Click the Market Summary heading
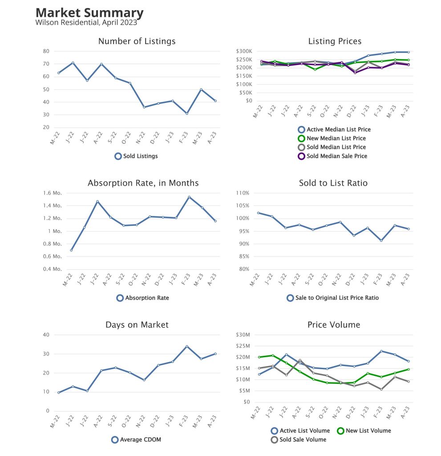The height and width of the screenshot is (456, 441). pyautogui.click(x=89, y=12)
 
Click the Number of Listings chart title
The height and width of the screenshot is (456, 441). pyautogui.click(x=137, y=41)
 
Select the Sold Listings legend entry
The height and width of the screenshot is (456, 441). pyautogui.click(x=136, y=156)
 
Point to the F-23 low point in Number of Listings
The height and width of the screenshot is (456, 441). pyautogui.click(x=187, y=114)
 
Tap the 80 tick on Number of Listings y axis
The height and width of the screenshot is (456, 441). pyautogui.click(x=45, y=51)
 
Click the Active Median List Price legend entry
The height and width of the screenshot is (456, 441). pyautogui.click(x=334, y=130)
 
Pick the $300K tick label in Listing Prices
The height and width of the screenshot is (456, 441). pyautogui.click(x=244, y=51)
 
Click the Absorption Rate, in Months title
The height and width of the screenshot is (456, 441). pyautogui.click(x=143, y=183)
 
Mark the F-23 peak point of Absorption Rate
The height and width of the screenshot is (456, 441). pyautogui.click(x=189, y=197)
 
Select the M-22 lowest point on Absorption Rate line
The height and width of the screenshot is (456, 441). pyautogui.click(x=71, y=250)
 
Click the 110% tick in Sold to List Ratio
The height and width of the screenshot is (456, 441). pyautogui.click(x=243, y=193)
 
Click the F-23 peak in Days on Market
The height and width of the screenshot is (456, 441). pyautogui.click(x=187, y=346)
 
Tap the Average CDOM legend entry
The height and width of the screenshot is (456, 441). pyautogui.click(x=136, y=440)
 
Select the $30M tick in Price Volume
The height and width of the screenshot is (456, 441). pyautogui.click(x=244, y=335)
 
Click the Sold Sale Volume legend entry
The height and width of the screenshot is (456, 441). pyautogui.click(x=299, y=440)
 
